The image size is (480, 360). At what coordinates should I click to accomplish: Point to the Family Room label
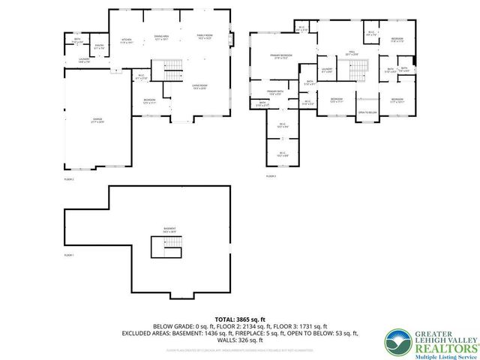(205, 36)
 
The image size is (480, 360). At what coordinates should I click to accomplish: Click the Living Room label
(199, 86)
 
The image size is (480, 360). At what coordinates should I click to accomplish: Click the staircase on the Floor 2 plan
(172, 72)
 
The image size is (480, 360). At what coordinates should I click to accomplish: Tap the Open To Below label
(367, 112)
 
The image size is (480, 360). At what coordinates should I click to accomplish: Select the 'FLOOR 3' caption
(271, 175)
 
